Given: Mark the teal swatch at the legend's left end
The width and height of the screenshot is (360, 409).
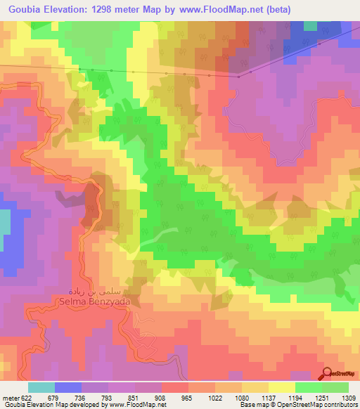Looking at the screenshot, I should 41,387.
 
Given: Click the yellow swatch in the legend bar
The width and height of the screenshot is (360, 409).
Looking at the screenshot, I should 282,387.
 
